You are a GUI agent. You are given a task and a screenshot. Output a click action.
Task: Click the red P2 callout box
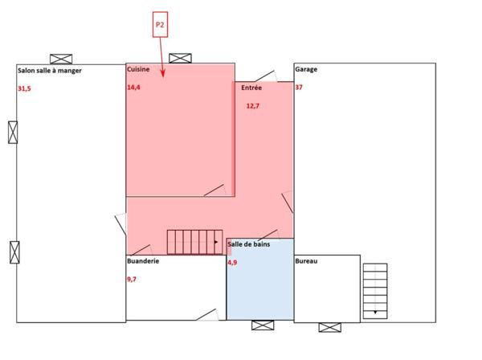(161, 25)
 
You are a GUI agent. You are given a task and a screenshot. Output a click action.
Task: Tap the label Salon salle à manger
(49, 71)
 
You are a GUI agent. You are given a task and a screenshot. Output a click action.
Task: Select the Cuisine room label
(138, 70)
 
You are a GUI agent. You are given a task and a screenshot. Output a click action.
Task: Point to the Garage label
(306, 70)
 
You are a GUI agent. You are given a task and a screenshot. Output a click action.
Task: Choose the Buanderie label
(143, 262)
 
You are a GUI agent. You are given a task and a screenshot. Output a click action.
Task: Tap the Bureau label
(307, 262)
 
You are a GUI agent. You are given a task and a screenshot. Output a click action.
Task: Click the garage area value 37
(299, 87)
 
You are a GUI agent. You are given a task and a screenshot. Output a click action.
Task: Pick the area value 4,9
(232, 262)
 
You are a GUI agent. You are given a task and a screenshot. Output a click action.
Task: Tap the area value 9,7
(133, 279)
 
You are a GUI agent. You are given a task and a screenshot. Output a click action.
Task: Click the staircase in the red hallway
(194, 241)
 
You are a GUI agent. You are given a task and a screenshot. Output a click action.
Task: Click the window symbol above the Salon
(61, 59)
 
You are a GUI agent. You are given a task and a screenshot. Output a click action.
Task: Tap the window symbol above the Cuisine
(181, 58)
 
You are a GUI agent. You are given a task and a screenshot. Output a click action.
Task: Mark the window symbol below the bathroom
(263, 325)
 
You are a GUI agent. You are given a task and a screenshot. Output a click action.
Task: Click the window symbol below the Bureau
(329, 326)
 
